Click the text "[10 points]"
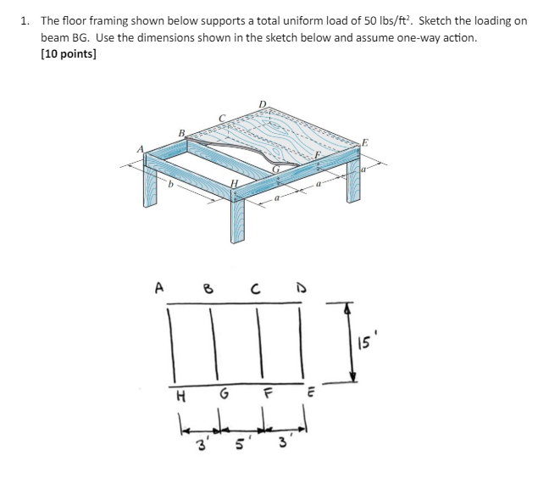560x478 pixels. click(x=69, y=54)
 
